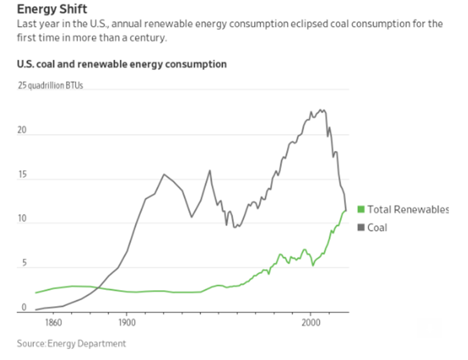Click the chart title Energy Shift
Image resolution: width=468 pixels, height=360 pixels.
(x=52, y=9)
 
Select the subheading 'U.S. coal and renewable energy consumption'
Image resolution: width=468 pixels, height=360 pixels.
(x=122, y=65)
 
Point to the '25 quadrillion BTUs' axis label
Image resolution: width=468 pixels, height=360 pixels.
(x=50, y=86)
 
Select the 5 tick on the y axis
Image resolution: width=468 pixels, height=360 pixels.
(x=23, y=263)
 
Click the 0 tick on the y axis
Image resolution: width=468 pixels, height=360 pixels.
(x=23, y=307)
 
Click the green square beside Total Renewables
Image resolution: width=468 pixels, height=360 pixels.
(x=361, y=209)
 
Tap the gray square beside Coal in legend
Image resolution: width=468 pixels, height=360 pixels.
(x=361, y=227)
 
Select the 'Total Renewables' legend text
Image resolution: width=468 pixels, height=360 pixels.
(x=407, y=209)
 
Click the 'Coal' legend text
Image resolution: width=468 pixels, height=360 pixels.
(x=377, y=227)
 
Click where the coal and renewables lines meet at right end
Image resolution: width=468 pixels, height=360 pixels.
(x=345, y=210)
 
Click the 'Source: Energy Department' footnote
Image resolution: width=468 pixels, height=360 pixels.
(x=72, y=344)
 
